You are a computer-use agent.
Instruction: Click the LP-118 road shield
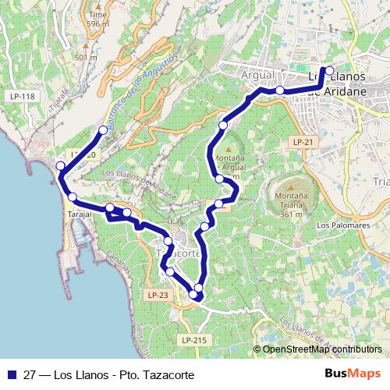click(23, 96)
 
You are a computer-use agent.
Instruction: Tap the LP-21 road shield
click(303, 142)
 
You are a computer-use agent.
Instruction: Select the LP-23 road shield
click(157, 294)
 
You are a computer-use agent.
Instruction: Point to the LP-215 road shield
click(194, 340)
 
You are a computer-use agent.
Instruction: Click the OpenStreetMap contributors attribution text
click(321, 349)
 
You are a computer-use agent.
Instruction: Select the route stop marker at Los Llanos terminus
click(328, 71)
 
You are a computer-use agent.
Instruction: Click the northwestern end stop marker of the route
click(103, 129)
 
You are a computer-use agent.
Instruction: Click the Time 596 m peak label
click(97, 19)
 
